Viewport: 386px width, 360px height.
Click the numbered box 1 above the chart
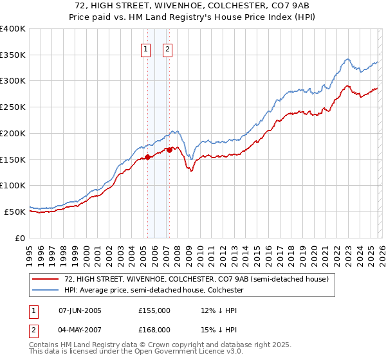145,50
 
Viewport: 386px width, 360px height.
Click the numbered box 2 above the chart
167,50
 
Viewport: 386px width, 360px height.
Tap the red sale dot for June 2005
147,156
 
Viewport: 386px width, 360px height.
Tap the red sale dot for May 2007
169,150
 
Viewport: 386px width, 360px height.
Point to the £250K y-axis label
14,107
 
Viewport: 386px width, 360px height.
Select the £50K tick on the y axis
16,212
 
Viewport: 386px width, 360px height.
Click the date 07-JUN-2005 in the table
80,310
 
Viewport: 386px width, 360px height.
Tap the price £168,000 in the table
154,330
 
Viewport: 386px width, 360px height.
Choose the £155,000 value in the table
154,310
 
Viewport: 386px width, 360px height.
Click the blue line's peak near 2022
347,59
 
